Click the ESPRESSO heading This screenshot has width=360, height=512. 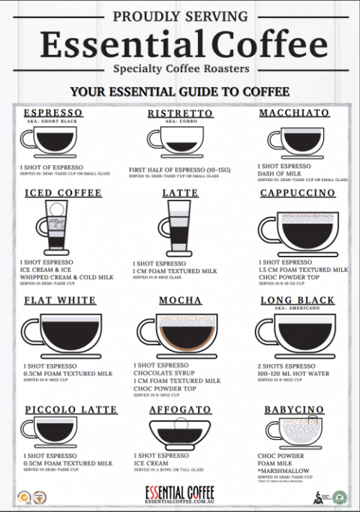point(53,113)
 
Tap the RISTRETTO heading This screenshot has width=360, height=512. point(180,113)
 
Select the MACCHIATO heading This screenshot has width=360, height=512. point(294,113)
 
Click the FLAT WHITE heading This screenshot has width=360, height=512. point(60,300)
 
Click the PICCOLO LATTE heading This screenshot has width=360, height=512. point(70,410)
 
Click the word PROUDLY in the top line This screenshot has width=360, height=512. point(143,16)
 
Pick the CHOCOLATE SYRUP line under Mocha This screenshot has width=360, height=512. point(164,373)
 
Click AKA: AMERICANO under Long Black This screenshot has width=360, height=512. point(296,309)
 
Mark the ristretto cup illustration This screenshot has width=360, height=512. point(176,140)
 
